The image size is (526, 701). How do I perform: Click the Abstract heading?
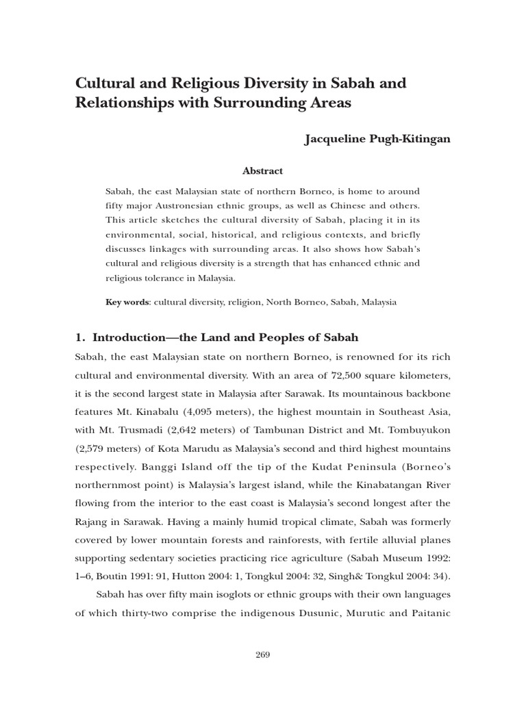pos(263,171)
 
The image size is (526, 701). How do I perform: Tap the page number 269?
pos(262,654)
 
